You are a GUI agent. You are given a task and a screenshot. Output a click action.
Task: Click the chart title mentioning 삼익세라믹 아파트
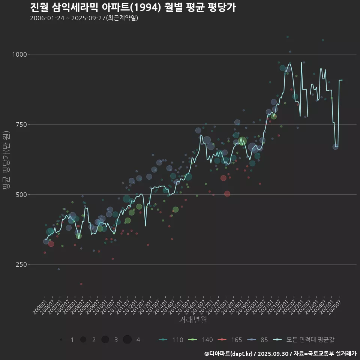133,7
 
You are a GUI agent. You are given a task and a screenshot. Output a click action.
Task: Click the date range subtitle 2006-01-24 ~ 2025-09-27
84,18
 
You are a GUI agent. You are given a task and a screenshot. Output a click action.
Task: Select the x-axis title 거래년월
193,319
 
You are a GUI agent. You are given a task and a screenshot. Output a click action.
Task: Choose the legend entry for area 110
171,340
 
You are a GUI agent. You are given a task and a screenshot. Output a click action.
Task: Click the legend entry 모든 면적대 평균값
304,340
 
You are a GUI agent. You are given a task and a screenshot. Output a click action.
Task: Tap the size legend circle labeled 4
127,340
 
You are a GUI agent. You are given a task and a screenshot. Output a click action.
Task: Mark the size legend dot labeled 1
61,340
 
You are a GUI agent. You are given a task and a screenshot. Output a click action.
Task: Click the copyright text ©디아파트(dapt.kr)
230,354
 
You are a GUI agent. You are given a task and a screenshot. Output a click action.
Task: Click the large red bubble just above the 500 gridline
227,193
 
